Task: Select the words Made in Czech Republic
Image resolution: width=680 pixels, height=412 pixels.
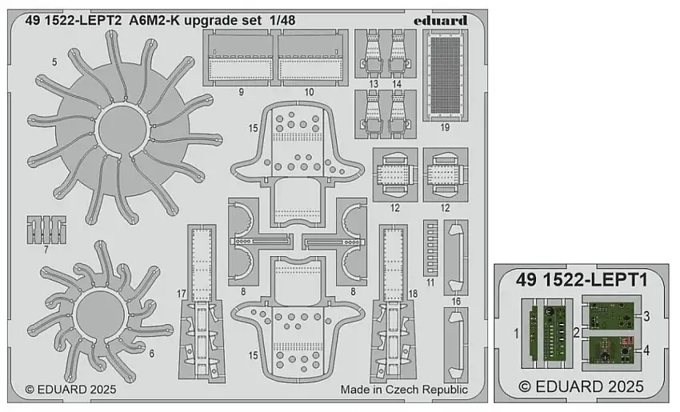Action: (403, 390)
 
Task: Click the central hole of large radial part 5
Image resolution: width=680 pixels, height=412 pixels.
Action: (120, 133)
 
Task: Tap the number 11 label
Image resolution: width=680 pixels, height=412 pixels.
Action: (431, 282)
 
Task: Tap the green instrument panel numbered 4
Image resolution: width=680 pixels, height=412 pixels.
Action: (611, 351)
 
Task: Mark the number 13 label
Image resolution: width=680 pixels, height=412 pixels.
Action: (374, 84)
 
